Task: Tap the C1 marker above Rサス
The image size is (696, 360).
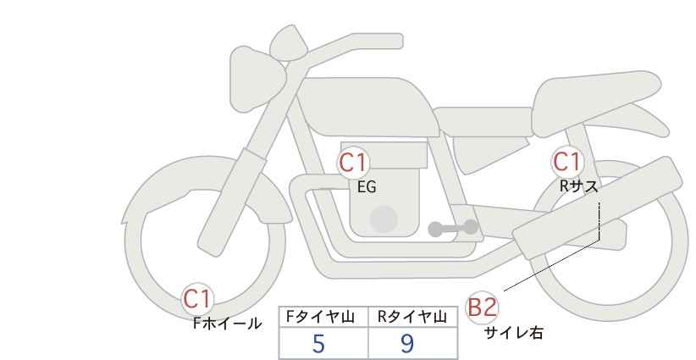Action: pos(566,162)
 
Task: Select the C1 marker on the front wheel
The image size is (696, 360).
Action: pos(198,298)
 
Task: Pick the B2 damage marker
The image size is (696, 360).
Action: pos(482,307)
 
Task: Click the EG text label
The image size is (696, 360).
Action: pos(366,187)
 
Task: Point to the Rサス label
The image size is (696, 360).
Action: pos(577,186)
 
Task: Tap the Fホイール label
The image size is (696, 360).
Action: pos(227,323)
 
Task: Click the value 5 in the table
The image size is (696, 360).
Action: pos(318,343)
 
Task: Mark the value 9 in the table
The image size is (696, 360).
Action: pos(407,343)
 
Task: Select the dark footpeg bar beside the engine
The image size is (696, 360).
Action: pos(452,228)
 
